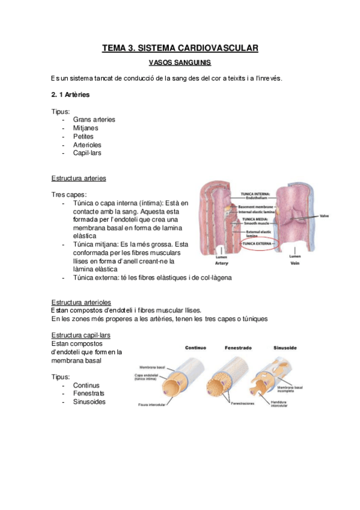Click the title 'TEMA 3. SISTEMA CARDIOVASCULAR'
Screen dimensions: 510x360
click(180, 48)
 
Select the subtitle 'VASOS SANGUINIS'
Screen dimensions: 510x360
click(180, 62)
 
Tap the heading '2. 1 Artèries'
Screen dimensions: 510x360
click(71, 94)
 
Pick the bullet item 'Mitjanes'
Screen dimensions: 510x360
click(85, 127)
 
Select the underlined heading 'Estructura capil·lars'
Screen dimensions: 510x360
click(81, 335)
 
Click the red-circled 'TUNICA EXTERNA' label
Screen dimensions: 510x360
click(255, 244)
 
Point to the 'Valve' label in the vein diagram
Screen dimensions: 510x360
click(324, 216)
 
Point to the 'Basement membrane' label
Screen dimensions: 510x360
click(257, 206)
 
